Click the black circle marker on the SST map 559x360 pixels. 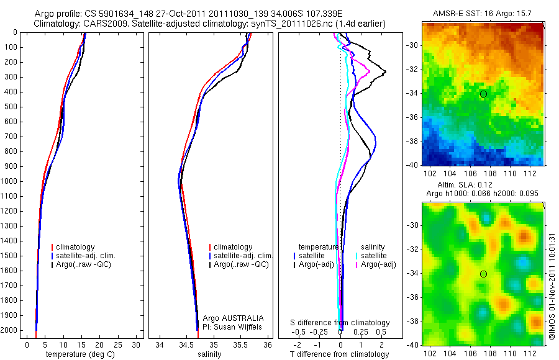click(x=483, y=94)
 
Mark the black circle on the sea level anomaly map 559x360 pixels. click(x=483, y=274)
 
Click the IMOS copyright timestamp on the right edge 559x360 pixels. click(x=552, y=282)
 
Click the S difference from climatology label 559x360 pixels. click(x=340, y=323)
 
